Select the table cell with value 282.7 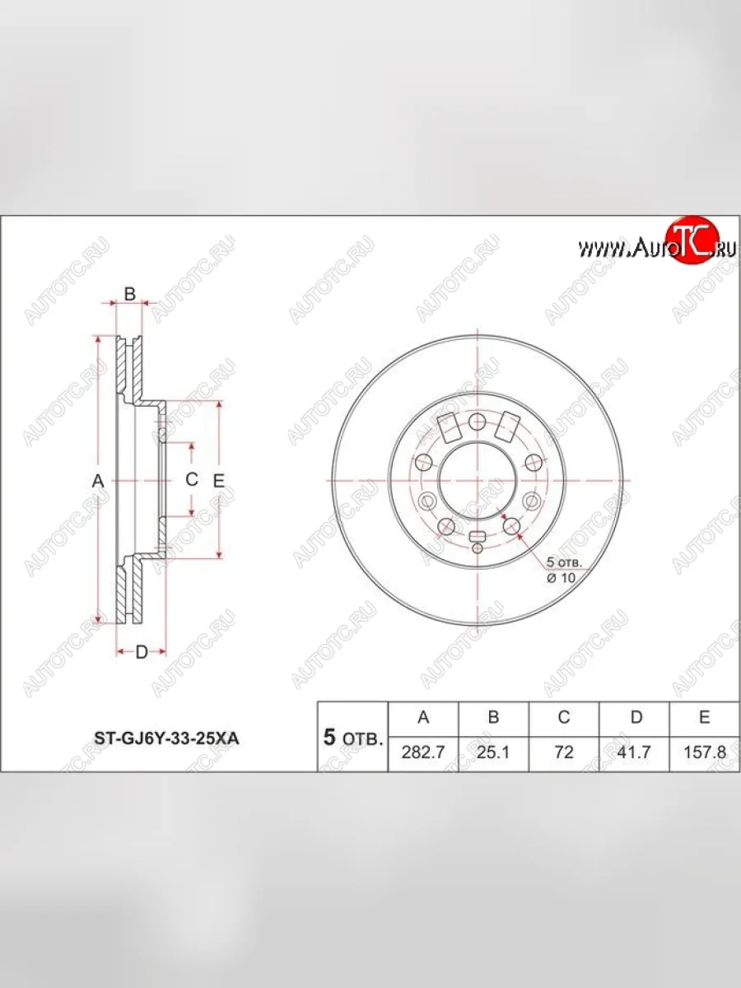click(x=422, y=752)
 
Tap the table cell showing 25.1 click(x=493, y=752)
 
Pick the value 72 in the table click(x=564, y=752)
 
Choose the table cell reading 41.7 click(x=635, y=752)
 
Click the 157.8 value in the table click(x=704, y=752)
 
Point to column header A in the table click(x=422, y=717)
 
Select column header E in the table click(x=704, y=717)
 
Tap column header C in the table click(x=564, y=717)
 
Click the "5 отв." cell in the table click(x=352, y=737)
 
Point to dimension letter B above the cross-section click(x=129, y=294)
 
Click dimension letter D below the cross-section click(x=141, y=652)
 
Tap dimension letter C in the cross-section click(x=191, y=479)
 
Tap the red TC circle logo click(x=692, y=240)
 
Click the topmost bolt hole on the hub click(x=477, y=421)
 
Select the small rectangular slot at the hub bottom click(x=477, y=538)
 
